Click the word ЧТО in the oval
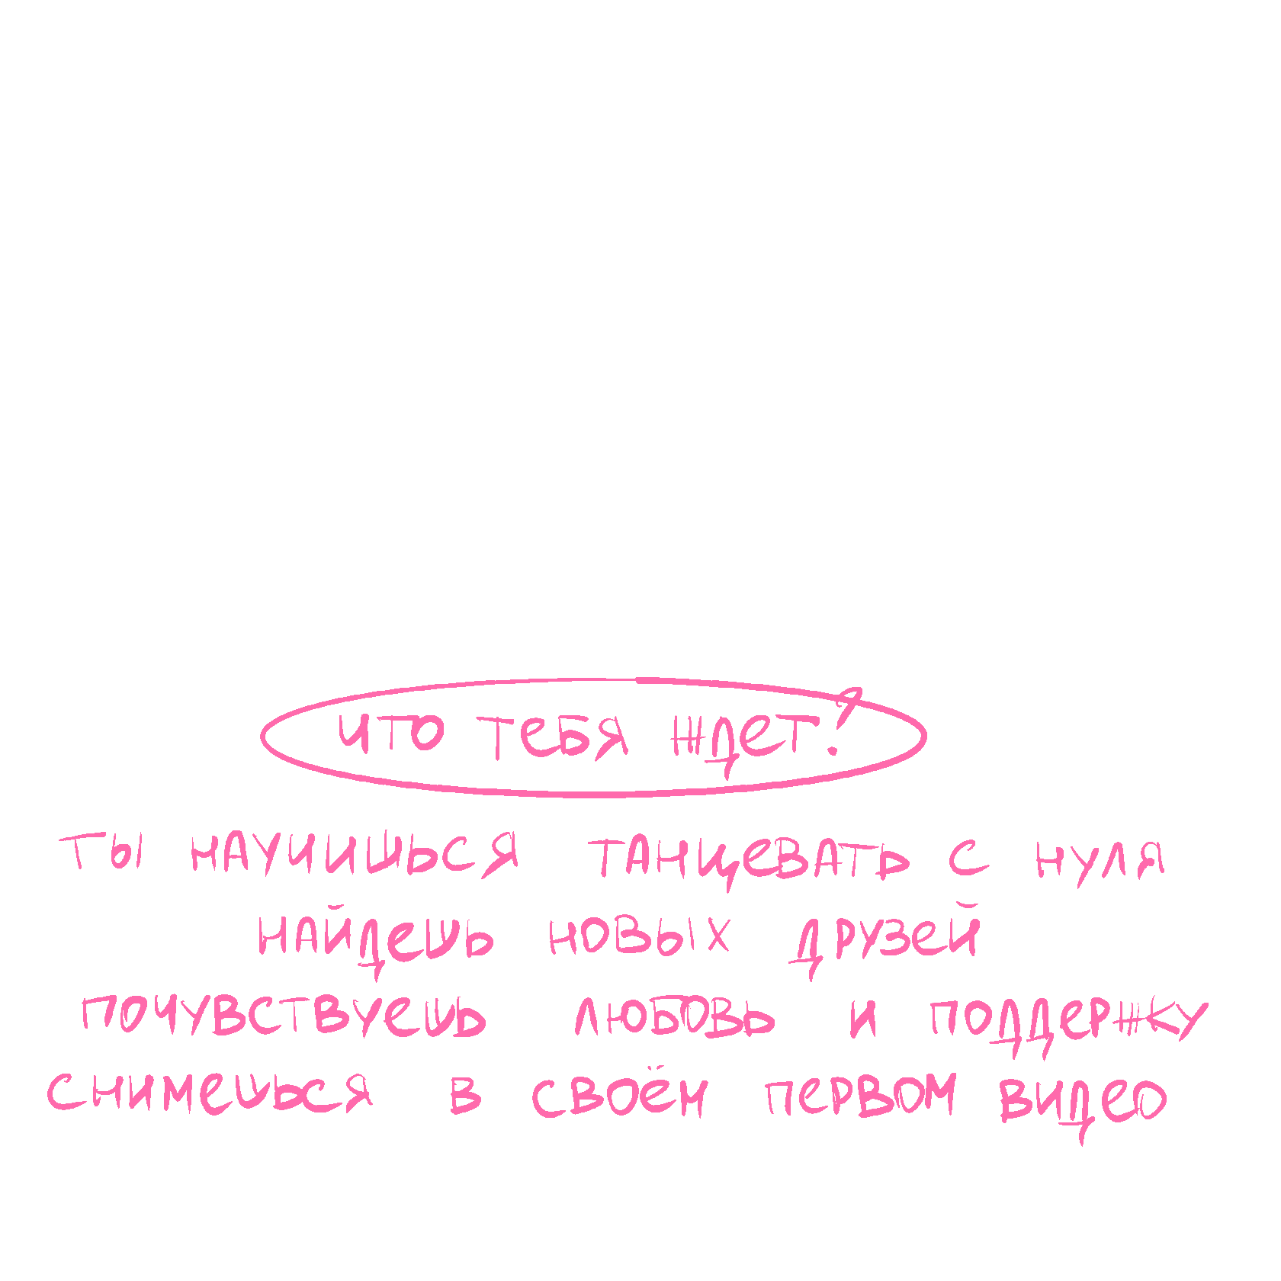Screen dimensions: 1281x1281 390,734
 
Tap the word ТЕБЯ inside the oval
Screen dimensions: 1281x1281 554,737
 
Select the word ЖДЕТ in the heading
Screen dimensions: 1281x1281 743,738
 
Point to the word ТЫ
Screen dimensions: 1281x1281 101,852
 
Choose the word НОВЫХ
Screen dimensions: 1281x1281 639,936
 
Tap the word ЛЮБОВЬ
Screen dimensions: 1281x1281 674,1018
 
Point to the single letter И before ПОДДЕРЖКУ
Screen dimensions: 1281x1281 863,1019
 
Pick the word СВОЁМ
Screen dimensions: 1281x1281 619,1096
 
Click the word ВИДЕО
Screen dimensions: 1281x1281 1083,1100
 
